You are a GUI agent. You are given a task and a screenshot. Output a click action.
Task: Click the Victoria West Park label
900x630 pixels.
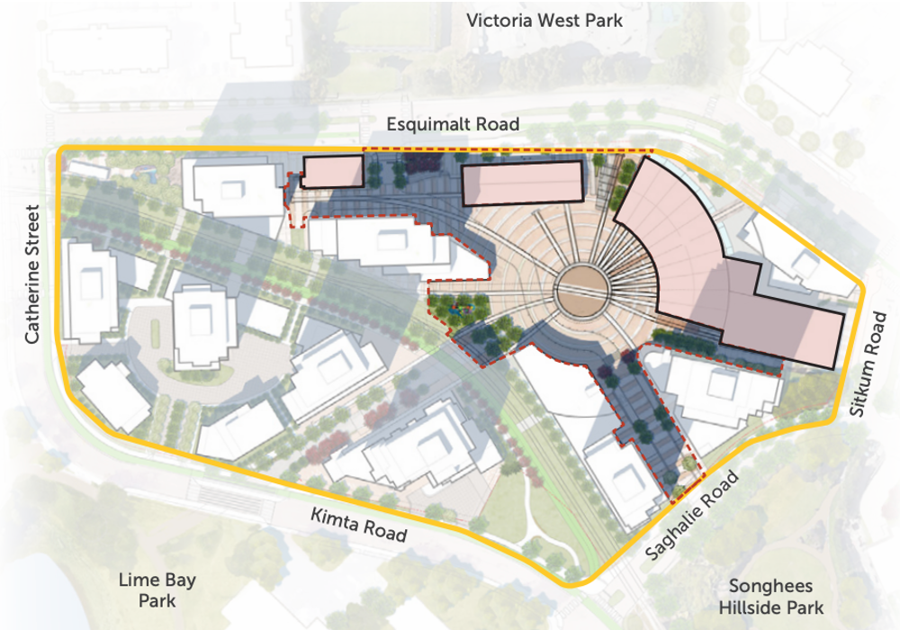pyautogui.click(x=544, y=20)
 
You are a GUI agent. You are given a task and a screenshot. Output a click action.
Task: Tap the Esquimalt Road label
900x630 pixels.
pyautogui.click(x=453, y=124)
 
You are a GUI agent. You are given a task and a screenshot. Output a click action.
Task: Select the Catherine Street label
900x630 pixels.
pyautogui.click(x=32, y=274)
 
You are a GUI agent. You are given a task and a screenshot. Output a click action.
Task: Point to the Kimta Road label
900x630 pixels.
pyautogui.click(x=358, y=524)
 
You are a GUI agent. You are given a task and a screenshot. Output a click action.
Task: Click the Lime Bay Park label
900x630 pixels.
pyautogui.click(x=157, y=589)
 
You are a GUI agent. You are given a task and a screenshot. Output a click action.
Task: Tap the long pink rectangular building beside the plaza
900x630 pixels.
pyautogui.click(x=522, y=184)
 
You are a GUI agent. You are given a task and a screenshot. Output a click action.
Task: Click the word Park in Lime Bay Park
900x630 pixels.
pyautogui.click(x=157, y=600)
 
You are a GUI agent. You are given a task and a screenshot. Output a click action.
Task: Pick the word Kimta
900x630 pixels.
pyautogui.click(x=335, y=519)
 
